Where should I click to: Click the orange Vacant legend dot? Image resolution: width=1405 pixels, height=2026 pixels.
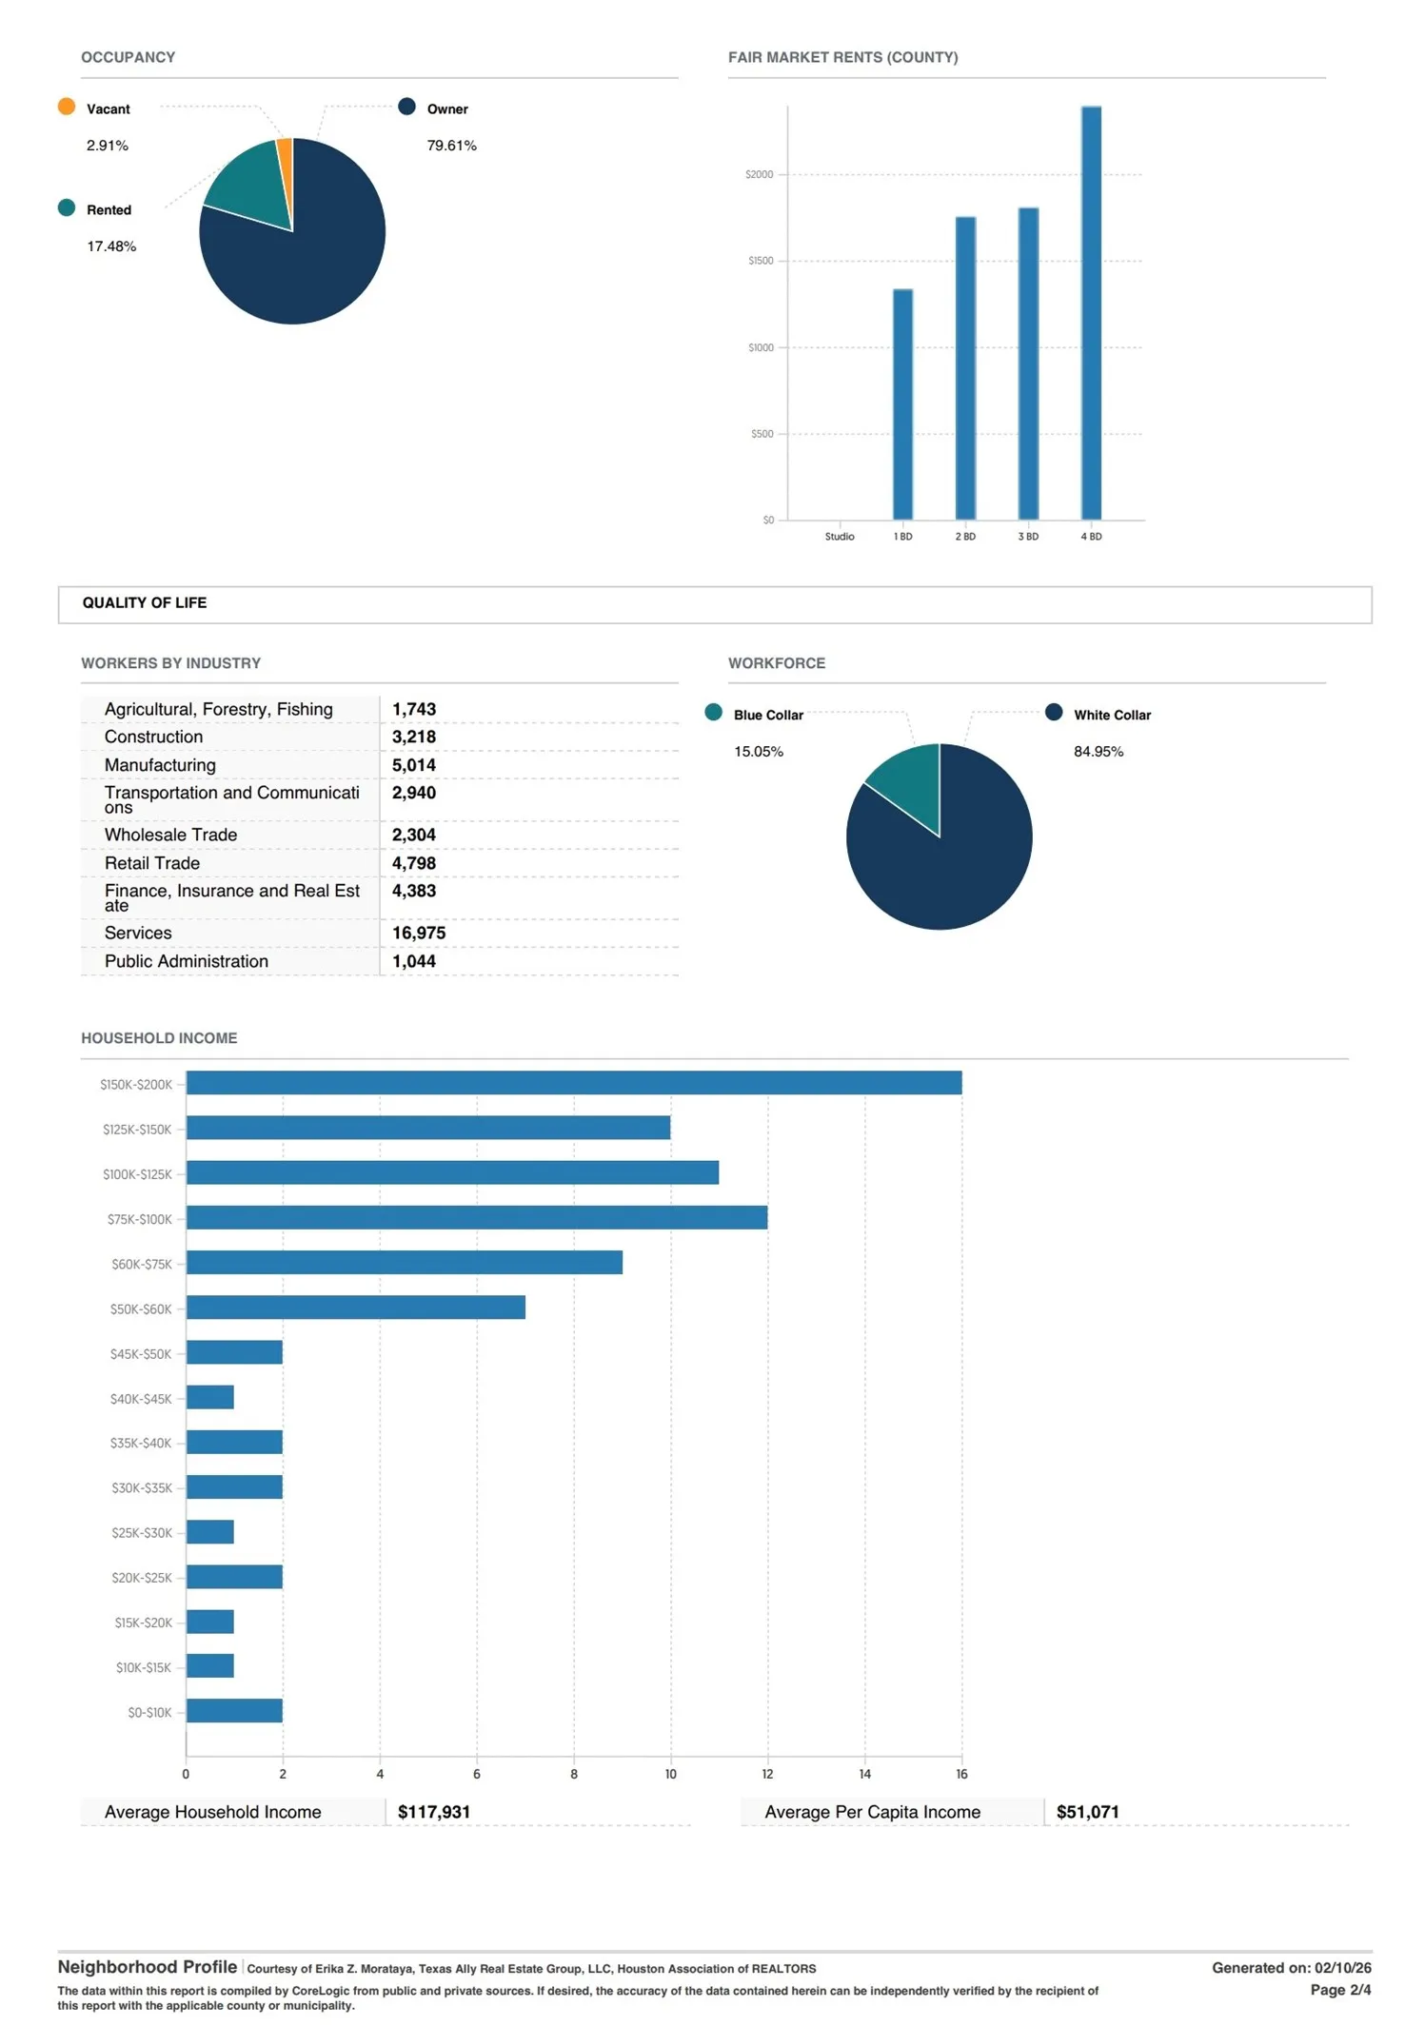click(67, 107)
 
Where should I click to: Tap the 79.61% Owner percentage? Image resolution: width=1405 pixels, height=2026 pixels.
click(451, 146)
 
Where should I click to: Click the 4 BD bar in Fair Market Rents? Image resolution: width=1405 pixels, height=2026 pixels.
click(1091, 313)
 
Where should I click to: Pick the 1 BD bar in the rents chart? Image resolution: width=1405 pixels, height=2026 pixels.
click(902, 404)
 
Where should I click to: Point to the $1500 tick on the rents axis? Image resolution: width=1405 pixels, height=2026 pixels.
click(761, 261)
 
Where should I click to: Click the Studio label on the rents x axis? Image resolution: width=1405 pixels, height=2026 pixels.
click(840, 537)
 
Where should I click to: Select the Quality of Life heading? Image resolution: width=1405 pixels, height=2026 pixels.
click(145, 602)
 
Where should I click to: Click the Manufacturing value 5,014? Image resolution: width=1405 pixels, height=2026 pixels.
click(414, 765)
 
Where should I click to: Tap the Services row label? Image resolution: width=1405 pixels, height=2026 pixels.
click(138, 933)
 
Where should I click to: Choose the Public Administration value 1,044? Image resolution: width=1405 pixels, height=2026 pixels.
click(414, 961)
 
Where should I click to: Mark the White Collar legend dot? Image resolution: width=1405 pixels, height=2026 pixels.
click(1054, 712)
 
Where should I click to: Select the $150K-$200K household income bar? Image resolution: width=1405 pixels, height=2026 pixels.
click(574, 1083)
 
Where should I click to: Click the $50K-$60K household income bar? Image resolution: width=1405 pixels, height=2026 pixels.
click(356, 1308)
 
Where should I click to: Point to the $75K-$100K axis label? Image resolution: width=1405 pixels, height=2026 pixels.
click(140, 1219)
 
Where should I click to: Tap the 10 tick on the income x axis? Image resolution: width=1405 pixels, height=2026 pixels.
click(671, 1774)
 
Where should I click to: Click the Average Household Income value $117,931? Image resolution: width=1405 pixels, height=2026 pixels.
click(434, 1812)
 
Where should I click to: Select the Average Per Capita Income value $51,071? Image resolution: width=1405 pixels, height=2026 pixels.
click(1088, 1812)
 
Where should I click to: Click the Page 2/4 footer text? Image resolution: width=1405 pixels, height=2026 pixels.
click(1340, 1989)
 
